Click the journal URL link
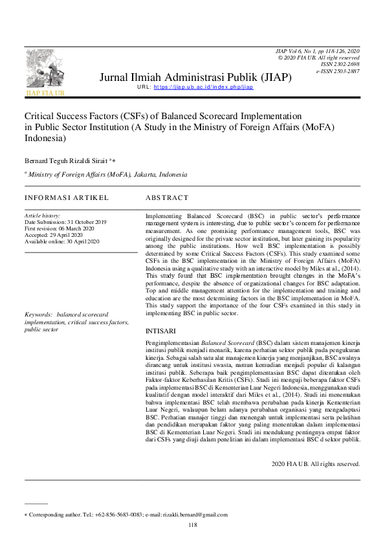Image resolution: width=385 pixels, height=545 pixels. tap(203, 87)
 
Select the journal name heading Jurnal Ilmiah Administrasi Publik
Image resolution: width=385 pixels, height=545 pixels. tap(195, 77)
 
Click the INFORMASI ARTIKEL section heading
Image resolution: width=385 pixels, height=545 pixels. tap(67, 197)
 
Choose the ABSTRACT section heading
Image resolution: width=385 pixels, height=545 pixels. tap(167, 197)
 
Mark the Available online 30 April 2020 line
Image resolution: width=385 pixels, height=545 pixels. tap(61, 241)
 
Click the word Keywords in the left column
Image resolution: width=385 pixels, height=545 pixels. tap(38, 315)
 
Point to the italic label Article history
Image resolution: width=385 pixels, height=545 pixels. tap(42, 215)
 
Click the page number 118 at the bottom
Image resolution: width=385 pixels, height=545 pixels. tap(192, 525)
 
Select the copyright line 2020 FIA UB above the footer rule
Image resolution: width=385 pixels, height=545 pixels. tap(315, 464)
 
